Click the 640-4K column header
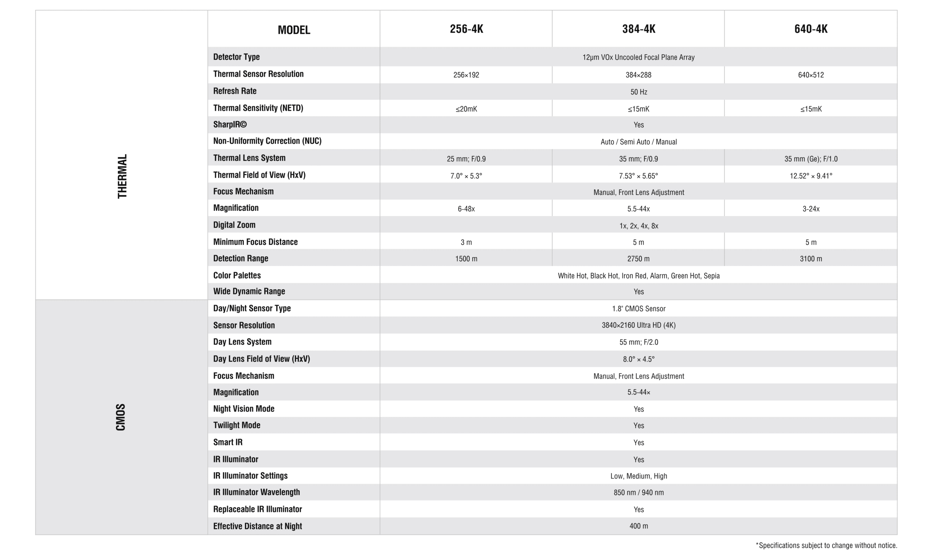pyautogui.click(x=811, y=29)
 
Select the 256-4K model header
pyautogui.click(x=466, y=29)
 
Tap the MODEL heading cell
pyautogui.click(x=294, y=30)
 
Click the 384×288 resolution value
pyautogui.click(x=639, y=75)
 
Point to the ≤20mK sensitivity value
pyautogui.click(x=466, y=109)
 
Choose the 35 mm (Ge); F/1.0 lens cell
pyautogui.click(x=811, y=159)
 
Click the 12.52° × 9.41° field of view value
pyautogui.click(x=811, y=176)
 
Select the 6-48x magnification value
pyautogui.click(x=466, y=209)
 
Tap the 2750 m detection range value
pyautogui.click(x=639, y=259)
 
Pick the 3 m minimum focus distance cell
pyautogui.click(x=466, y=242)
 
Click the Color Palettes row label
pyautogui.click(x=237, y=275)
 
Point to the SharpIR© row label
pyautogui.click(x=230, y=125)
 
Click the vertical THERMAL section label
pyautogui.click(x=122, y=176)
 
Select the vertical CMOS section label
pyautogui.click(x=121, y=417)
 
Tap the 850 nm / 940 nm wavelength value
pyautogui.click(x=639, y=492)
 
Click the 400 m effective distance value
pyautogui.click(x=639, y=526)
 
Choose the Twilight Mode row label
pyautogui.click(x=237, y=425)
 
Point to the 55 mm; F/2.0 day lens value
pyautogui.click(x=639, y=342)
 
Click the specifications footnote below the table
pyautogui.click(x=826, y=545)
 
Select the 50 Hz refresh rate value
pyautogui.click(x=639, y=92)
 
